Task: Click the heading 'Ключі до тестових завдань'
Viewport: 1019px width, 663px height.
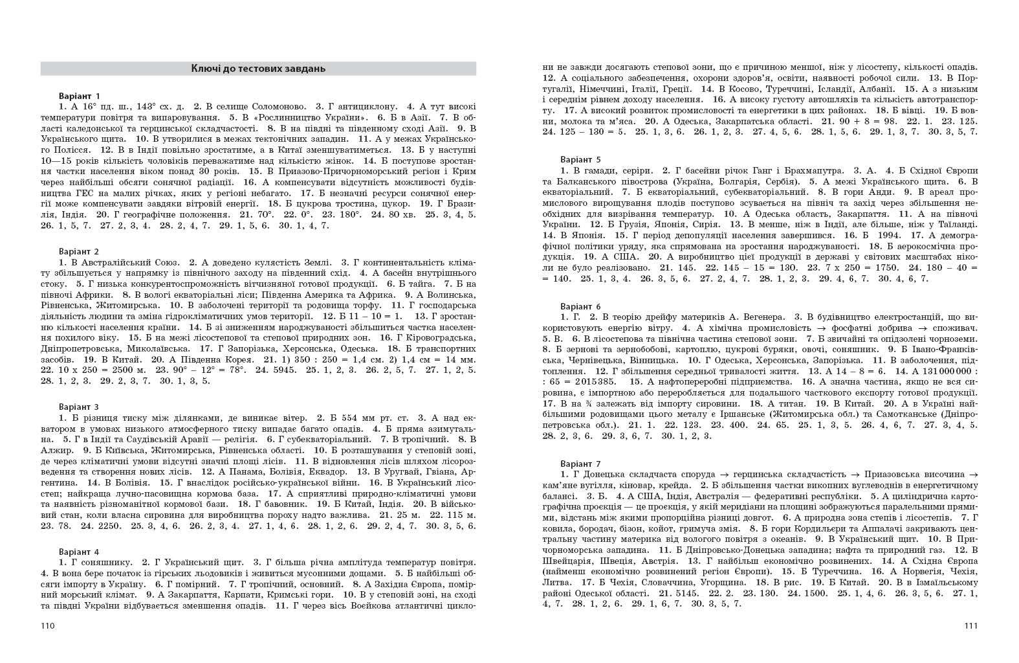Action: coord(258,69)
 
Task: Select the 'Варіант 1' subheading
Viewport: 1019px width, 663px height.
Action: coord(79,96)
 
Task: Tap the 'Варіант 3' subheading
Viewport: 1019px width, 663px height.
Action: coord(79,407)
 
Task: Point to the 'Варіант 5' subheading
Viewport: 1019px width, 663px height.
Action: coord(580,159)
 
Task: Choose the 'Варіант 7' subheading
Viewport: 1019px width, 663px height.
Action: coord(580,464)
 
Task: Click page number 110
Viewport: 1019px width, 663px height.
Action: coord(47,626)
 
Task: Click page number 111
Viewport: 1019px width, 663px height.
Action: coord(970,626)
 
